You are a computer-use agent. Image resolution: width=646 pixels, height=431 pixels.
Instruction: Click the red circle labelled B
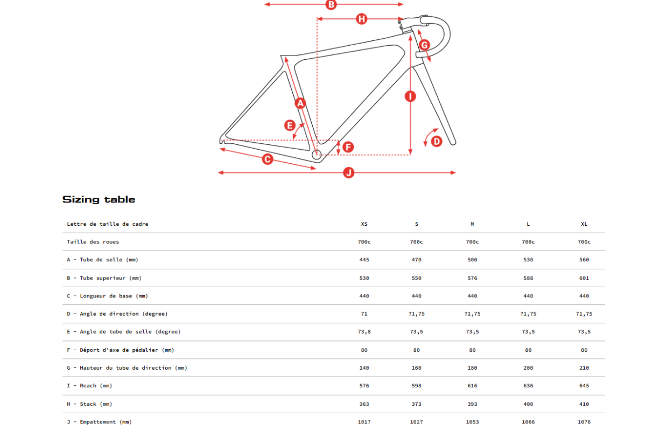coord(331,5)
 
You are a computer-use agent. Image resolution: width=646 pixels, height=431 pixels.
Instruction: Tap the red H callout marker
coord(361,19)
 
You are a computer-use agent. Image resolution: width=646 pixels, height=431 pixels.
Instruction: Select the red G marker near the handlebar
coord(424,45)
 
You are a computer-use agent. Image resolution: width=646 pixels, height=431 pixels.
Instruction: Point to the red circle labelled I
coord(410,96)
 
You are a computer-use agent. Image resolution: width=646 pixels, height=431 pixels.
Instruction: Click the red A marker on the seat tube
coord(300,103)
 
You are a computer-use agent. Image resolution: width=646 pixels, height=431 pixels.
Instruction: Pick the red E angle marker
coord(290,126)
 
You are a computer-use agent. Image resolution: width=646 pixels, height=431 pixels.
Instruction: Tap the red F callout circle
coord(348,147)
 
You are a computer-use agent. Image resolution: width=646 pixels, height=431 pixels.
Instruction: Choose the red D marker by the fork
coord(437,142)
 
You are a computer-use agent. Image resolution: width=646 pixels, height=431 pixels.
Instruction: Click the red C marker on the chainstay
coord(268,159)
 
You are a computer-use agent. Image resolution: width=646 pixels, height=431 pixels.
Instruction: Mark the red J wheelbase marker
coord(349,172)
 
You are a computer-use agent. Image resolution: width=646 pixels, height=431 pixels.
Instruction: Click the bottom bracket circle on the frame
coord(317,155)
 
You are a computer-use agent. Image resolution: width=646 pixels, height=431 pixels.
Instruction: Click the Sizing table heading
coord(99,199)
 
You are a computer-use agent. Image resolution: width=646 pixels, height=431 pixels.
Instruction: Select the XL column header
coord(584,224)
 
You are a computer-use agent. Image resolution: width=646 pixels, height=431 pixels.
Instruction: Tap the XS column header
coord(364,224)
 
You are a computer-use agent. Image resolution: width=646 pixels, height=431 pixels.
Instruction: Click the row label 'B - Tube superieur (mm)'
coord(104,278)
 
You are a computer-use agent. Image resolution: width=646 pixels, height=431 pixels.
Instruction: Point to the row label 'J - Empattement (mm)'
coord(99,422)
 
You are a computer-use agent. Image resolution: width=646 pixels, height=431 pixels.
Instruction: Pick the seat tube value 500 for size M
coord(472,260)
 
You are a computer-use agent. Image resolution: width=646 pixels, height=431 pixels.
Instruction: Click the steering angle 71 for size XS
coord(364,314)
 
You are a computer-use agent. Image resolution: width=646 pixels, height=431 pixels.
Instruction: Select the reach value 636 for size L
coord(528,386)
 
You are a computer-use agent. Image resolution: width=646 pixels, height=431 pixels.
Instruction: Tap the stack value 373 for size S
coord(416,404)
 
